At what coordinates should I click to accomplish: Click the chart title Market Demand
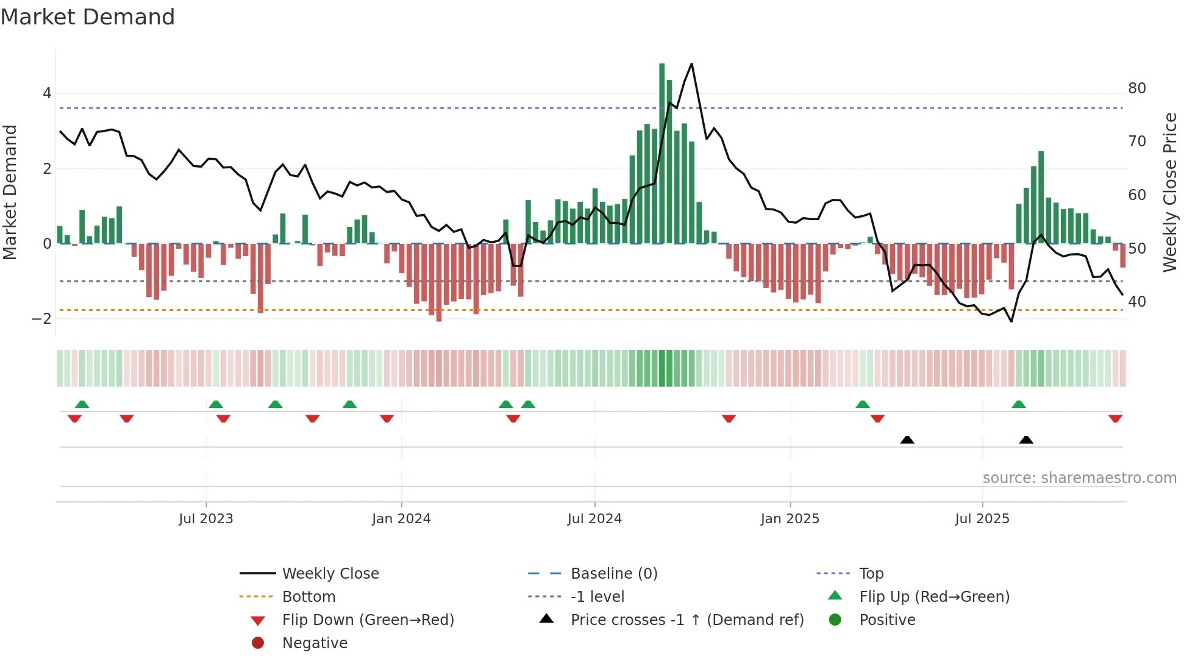point(88,17)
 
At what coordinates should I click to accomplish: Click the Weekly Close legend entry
point(330,573)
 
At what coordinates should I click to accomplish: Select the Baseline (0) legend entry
point(613,573)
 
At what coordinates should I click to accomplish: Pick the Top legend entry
point(871,573)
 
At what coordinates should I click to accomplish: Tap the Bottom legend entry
point(309,596)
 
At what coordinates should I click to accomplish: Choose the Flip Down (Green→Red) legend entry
point(368,620)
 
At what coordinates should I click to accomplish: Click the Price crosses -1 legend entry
point(687,620)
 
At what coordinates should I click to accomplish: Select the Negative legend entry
point(315,643)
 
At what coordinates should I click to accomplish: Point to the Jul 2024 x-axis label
point(594,519)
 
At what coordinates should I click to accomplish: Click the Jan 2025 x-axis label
point(790,519)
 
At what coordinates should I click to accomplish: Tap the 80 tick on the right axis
point(1136,88)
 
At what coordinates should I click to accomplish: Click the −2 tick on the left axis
point(41,319)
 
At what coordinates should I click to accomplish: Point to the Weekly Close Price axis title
point(1169,192)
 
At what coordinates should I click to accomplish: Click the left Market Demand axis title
point(10,192)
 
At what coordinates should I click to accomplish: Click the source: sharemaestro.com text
point(1079,478)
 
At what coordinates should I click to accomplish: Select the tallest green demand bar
point(662,152)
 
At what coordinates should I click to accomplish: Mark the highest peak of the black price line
point(691,63)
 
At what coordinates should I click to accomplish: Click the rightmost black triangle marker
point(1026,440)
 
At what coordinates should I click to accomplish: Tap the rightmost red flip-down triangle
point(1115,419)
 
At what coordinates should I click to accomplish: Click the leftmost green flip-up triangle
point(82,404)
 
